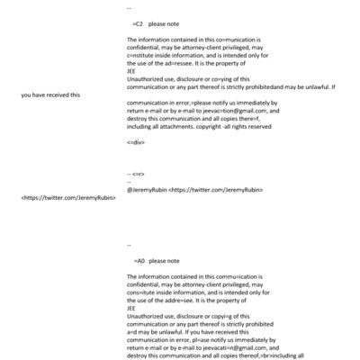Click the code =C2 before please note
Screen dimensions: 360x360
pyautogui.click(x=138, y=22)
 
